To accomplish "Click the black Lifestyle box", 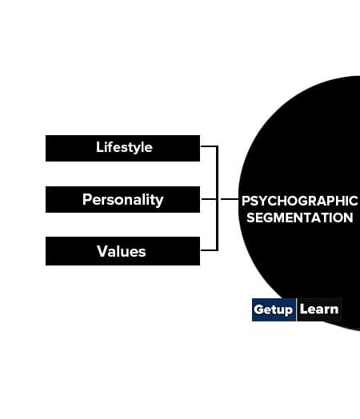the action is (122, 148).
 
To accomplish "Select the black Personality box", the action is (122, 199).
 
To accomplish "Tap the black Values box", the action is (122, 251).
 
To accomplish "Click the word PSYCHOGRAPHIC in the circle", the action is (299, 201).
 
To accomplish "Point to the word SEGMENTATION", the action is (300, 217).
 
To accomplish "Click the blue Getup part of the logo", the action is (274, 309).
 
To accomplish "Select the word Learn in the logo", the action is (319, 309).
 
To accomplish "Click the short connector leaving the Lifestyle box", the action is (209, 146).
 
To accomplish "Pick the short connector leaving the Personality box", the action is (209, 199).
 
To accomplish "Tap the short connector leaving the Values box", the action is (209, 250).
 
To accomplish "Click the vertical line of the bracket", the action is (217, 198).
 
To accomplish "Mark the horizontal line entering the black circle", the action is (230, 199).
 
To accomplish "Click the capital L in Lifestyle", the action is (99, 147).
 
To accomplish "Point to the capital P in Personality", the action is (87, 199).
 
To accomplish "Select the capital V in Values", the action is (102, 251).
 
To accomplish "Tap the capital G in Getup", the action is (258, 309).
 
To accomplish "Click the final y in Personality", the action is (160, 202).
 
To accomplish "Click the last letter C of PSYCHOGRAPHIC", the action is (353, 201).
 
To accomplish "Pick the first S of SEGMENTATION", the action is (251, 217).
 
